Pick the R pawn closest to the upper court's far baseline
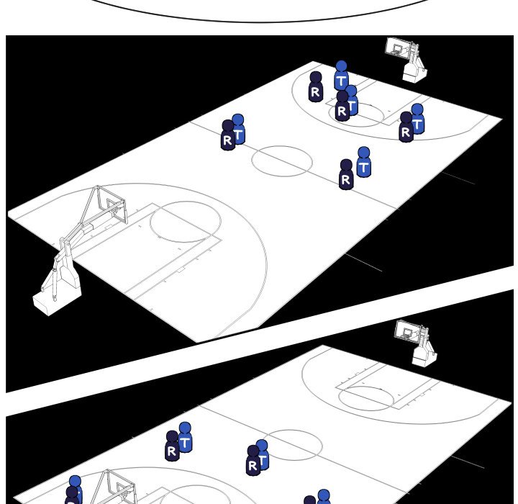(x=316, y=86)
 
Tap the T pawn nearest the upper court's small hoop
(x=341, y=76)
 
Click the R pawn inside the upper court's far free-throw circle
(x=342, y=106)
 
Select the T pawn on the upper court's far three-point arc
(x=417, y=119)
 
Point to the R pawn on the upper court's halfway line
(x=227, y=135)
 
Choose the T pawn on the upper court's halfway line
(x=238, y=129)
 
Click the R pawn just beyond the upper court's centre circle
(x=346, y=175)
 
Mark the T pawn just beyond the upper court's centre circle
(x=364, y=163)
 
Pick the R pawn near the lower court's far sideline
(x=172, y=446)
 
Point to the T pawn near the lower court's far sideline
(x=185, y=437)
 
